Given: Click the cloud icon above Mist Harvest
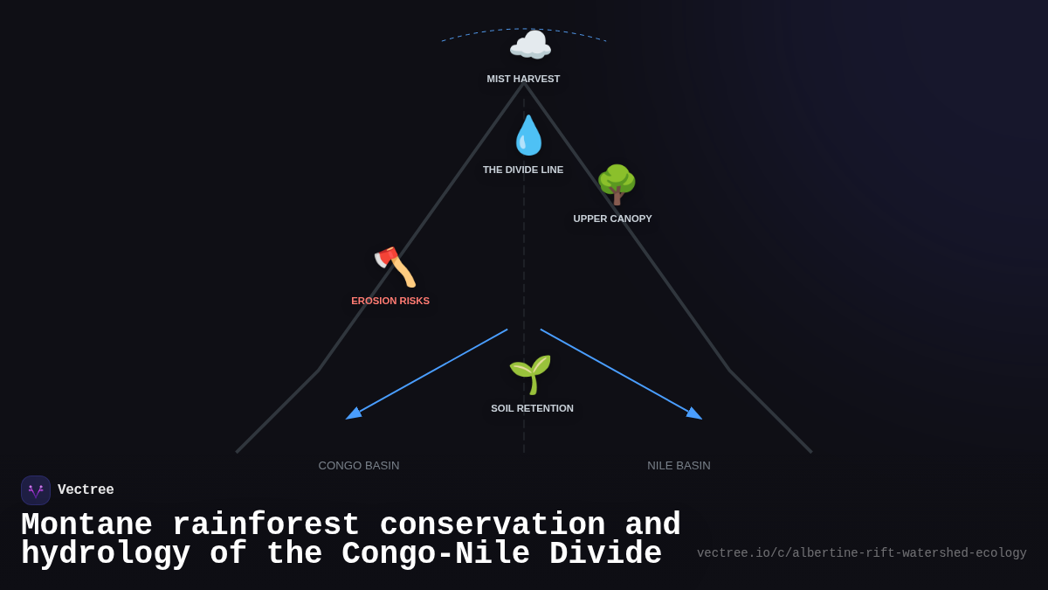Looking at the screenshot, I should click(530, 45).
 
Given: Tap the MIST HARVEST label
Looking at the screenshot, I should click(523, 79).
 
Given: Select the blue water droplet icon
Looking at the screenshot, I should click(528, 135).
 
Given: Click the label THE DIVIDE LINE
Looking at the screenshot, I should click(523, 170).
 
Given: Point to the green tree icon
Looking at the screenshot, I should click(617, 184).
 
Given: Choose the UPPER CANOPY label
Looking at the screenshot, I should click(612, 219).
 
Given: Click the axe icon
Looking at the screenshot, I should click(395, 267).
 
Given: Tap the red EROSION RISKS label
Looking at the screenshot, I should click(390, 301).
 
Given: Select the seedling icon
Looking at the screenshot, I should click(530, 374).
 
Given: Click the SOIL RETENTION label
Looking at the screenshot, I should click(532, 408).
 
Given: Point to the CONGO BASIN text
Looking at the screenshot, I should click(359, 465).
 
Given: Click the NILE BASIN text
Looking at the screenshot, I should click(679, 465).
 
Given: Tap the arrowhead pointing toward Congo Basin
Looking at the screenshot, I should click(353, 414).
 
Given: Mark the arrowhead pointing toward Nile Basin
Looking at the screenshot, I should click(695, 414).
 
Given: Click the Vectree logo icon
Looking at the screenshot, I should click(36, 490).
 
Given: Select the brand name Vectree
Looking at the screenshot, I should click(86, 490).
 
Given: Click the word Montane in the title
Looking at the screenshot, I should click(86, 524).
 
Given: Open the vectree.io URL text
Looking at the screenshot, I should click(861, 553).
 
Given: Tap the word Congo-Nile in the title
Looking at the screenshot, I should click(435, 554).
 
